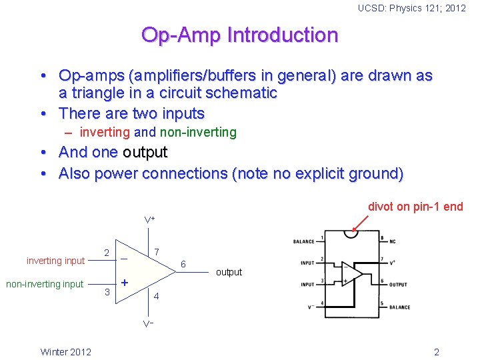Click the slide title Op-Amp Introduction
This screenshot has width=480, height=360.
[239, 35]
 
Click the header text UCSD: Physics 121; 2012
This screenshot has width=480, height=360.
[411, 8]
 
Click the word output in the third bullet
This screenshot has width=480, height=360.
[145, 152]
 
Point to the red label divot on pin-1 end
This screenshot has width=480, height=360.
[415, 207]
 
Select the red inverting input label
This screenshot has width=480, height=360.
[56, 260]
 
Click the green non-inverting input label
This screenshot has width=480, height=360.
[45, 284]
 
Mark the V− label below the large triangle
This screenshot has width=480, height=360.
[149, 325]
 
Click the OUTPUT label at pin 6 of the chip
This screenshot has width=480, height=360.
[398, 285]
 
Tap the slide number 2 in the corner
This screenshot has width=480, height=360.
[436, 352]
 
